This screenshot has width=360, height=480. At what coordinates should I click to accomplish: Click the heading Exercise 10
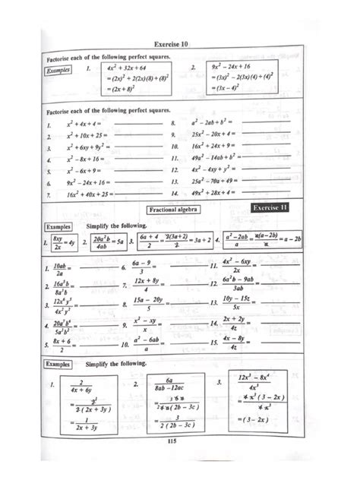coord(180,45)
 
